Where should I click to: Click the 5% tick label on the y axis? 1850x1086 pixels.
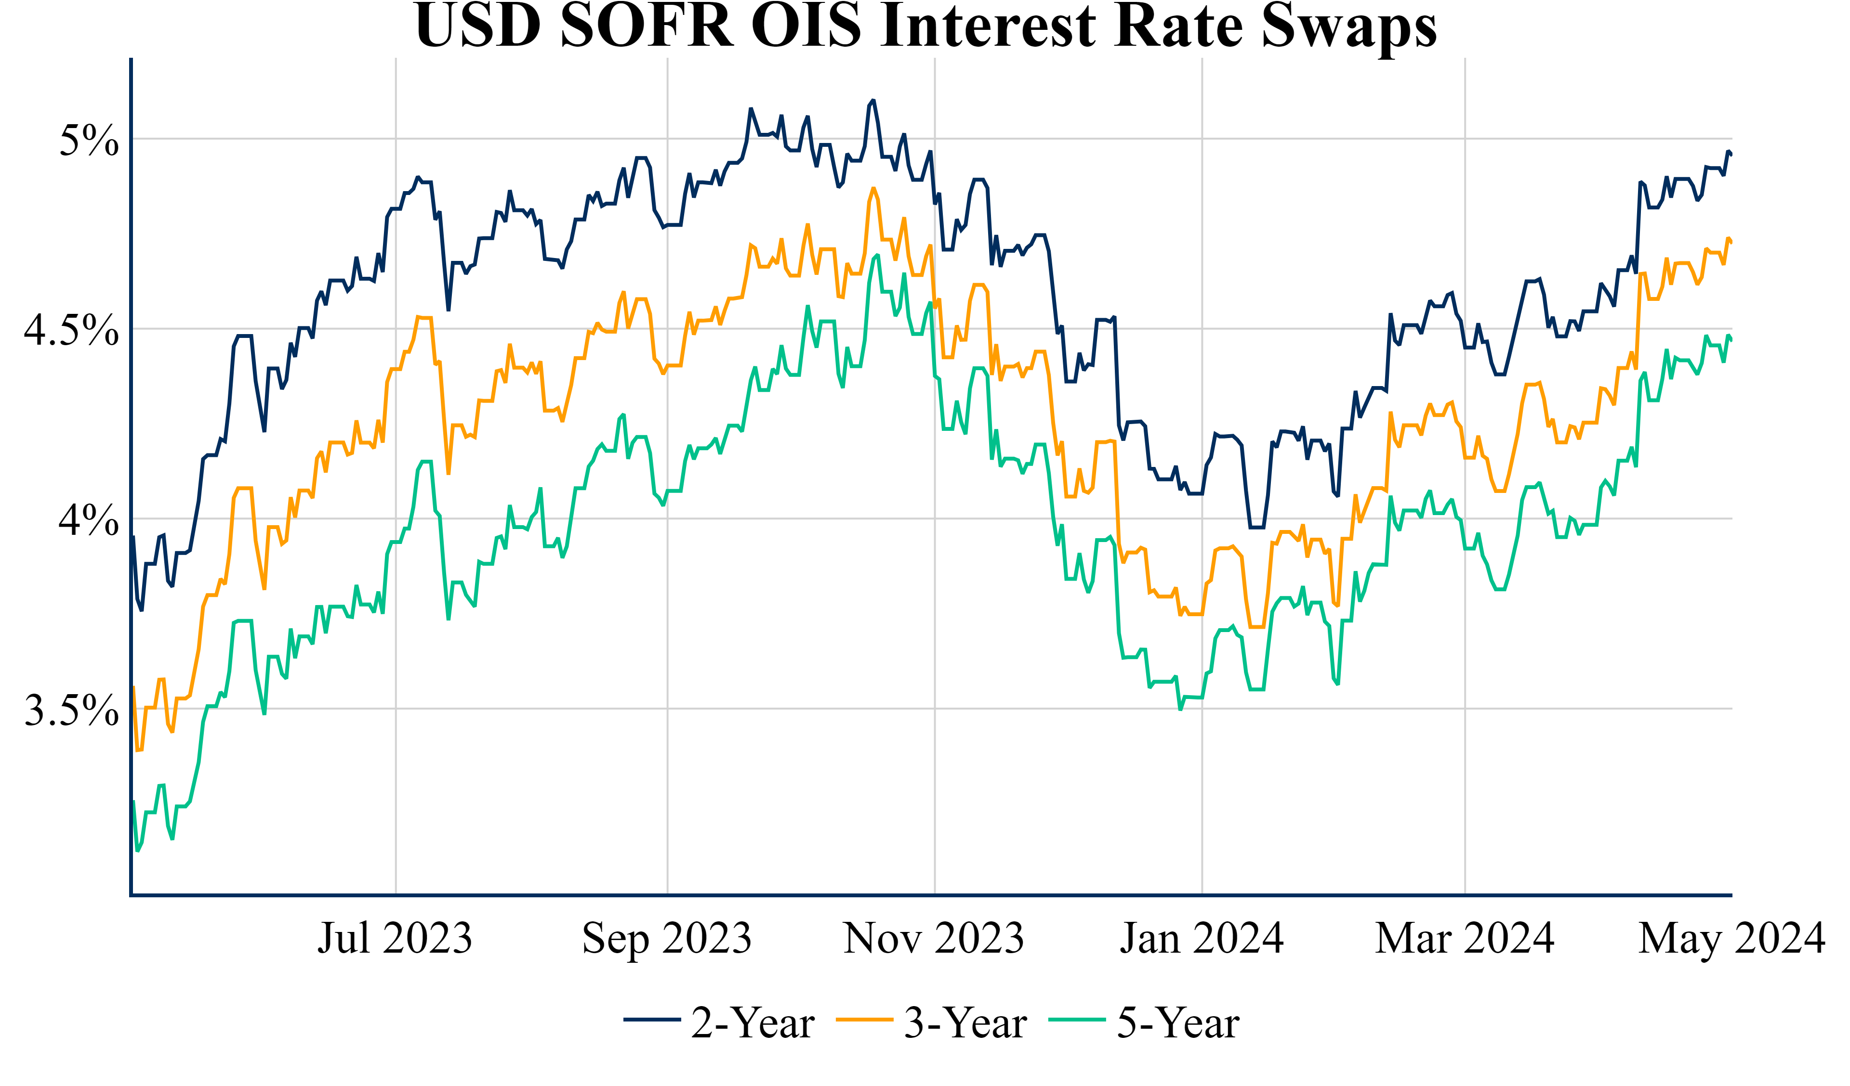(x=88, y=140)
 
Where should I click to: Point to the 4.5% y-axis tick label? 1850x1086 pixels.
(x=71, y=330)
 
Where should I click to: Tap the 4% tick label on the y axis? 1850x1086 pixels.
(x=88, y=520)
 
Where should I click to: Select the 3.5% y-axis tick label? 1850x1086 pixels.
(x=71, y=711)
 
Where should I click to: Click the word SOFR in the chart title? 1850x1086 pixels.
(x=647, y=26)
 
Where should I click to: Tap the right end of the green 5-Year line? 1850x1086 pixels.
(x=1731, y=340)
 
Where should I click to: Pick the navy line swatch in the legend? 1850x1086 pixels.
(x=652, y=1020)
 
